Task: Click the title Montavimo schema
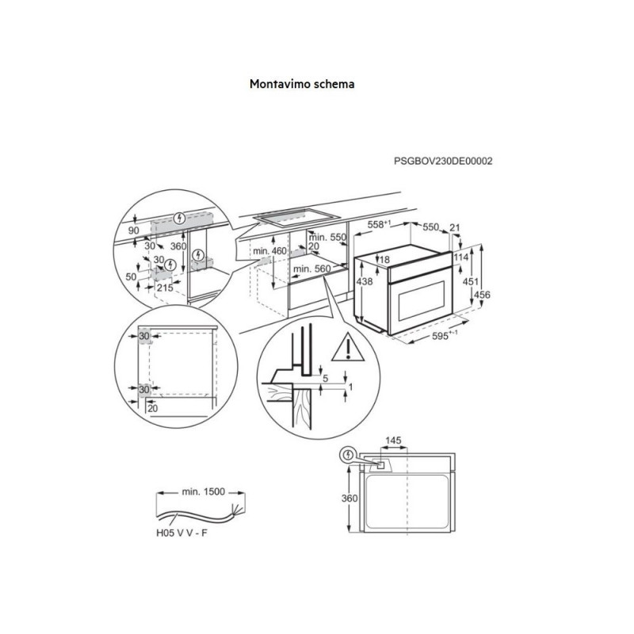(302, 84)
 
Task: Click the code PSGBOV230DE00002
(443, 162)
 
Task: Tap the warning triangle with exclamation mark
(348, 347)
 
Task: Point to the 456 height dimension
(482, 295)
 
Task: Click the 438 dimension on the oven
(365, 281)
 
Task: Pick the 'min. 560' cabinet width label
(311, 269)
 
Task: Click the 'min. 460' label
(269, 251)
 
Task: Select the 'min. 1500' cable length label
(203, 491)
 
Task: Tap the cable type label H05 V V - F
(181, 533)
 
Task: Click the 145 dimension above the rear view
(393, 440)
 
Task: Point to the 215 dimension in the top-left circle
(165, 288)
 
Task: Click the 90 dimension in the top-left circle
(133, 231)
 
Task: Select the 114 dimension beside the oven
(461, 257)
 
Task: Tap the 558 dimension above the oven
(379, 225)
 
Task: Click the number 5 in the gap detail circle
(326, 379)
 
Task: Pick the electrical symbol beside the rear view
(348, 455)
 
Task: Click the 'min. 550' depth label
(328, 237)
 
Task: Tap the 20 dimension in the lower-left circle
(152, 408)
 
